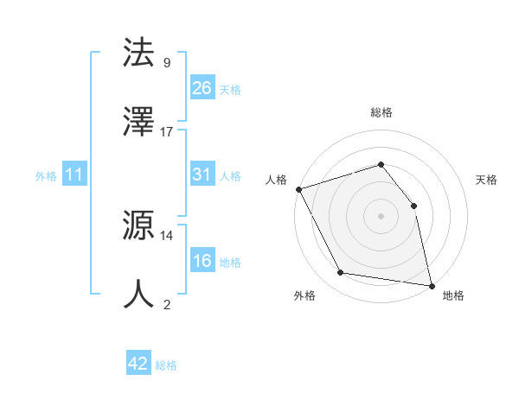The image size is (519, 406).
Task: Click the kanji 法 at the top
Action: [x=138, y=53]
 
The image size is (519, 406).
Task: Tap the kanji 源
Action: [x=138, y=226]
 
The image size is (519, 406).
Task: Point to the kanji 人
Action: [x=138, y=294]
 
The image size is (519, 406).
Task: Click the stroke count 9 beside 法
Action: [x=166, y=62]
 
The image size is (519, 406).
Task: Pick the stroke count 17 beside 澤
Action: [x=167, y=131]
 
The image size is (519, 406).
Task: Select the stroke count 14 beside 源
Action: [x=167, y=234]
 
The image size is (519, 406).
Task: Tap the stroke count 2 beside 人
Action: [x=166, y=303]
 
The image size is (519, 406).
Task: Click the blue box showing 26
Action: [x=202, y=88]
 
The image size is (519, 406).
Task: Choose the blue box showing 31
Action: [x=202, y=174]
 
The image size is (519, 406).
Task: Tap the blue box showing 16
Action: [x=202, y=261]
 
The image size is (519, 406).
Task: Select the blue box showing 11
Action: [x=74, y=174]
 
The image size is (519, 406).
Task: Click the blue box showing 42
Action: [x=138, y=364]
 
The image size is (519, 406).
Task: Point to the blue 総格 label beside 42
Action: [x=166, y=365]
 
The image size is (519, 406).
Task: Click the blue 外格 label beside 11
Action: [x=46, y=176]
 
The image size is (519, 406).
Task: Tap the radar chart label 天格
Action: [x=486, y=180]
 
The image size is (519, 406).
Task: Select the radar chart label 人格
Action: [x=276, y=180]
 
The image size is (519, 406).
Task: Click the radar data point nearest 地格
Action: [x=432, y=284]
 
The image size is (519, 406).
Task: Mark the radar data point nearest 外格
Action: [x=341, y=274]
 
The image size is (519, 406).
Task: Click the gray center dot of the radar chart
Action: [x=381, y=215]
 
